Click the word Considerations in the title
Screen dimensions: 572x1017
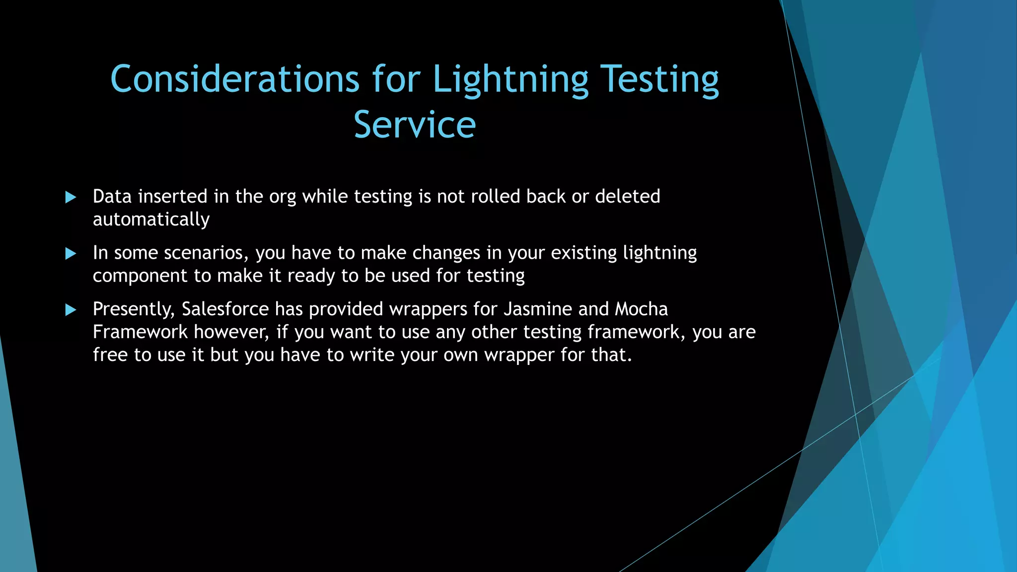click(x=234, y=79)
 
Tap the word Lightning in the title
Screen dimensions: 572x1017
click(x=510, y=79)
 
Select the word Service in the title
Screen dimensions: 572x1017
click(x=415, y=124)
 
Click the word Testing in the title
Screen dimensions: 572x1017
click(x=659, y=79)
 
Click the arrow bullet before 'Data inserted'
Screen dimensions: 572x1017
click(x=71, y=198)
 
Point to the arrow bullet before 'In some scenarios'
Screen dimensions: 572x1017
click(x=71, y=254)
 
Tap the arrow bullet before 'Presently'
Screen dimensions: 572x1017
click(x=71, y=310)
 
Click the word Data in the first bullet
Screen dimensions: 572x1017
click(x=112, y=197)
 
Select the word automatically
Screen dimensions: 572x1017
click(x=151, y=219)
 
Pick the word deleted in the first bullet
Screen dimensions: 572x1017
click(x=628, y=197)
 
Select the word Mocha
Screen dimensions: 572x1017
click(x=641, y=309)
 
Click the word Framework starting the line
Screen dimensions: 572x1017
click(x=140, y=332)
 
